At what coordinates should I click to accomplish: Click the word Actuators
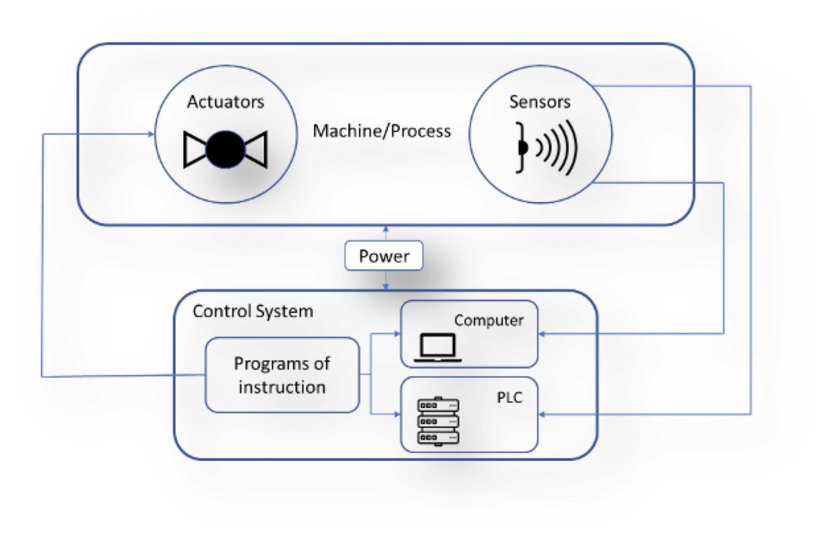coord(225,102)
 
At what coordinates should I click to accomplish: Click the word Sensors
coord(539,102)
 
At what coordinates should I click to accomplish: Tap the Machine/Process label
coord(381,131)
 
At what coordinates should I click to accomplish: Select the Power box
coord(384,256)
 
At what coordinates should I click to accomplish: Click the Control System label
coord(253,311)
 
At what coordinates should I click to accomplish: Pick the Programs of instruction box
coord(282,375)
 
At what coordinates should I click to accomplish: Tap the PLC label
coord(509,397)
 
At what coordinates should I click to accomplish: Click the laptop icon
coord(438,347)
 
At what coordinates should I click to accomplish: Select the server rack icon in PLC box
coord(438,421)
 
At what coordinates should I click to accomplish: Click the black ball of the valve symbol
coord(225,150)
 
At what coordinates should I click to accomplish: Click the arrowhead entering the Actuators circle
coord(151,134)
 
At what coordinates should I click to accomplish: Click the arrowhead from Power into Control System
coord(385,287)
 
